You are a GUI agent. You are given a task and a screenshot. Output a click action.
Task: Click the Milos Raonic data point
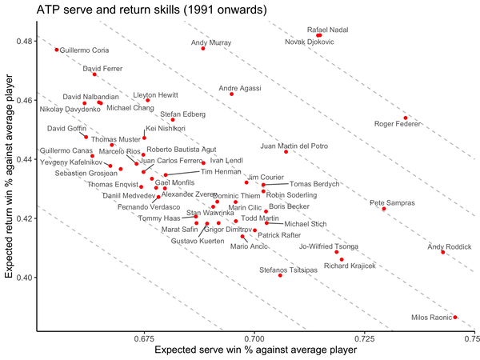point(455,318)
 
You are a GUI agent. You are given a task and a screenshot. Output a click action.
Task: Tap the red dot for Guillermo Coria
point(57,50)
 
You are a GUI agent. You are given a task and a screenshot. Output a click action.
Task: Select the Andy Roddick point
point(442,252)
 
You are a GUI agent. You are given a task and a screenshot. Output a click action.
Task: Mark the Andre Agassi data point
point(232,94)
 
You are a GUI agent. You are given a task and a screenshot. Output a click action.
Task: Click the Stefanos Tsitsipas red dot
point(280,275)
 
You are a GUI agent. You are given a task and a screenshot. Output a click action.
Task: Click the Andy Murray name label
point(211,42)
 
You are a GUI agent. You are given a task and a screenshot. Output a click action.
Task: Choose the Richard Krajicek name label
point(350,265)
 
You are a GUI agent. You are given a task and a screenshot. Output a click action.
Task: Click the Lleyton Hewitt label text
point(155,94)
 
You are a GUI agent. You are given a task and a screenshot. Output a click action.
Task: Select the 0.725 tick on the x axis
point(365,339)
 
